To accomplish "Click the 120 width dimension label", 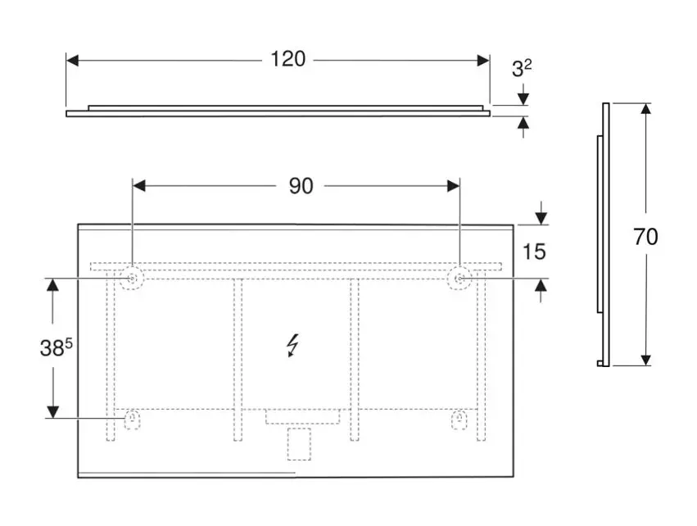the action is [x=288, y=59].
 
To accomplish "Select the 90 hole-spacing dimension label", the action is [x=301, y=186].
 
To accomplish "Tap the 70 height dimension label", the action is [x=645, y=237].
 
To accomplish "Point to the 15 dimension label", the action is [x=534, y=252].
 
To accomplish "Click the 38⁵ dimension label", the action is [x=56, y=347].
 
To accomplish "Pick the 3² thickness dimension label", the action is [x=522, y=69].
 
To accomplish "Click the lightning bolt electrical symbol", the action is [x=292, y=346].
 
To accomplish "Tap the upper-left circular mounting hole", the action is [x=132, y=279].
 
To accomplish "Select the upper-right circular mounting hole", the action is [x=459, y=279].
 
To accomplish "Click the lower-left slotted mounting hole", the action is [x=132, y=419].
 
